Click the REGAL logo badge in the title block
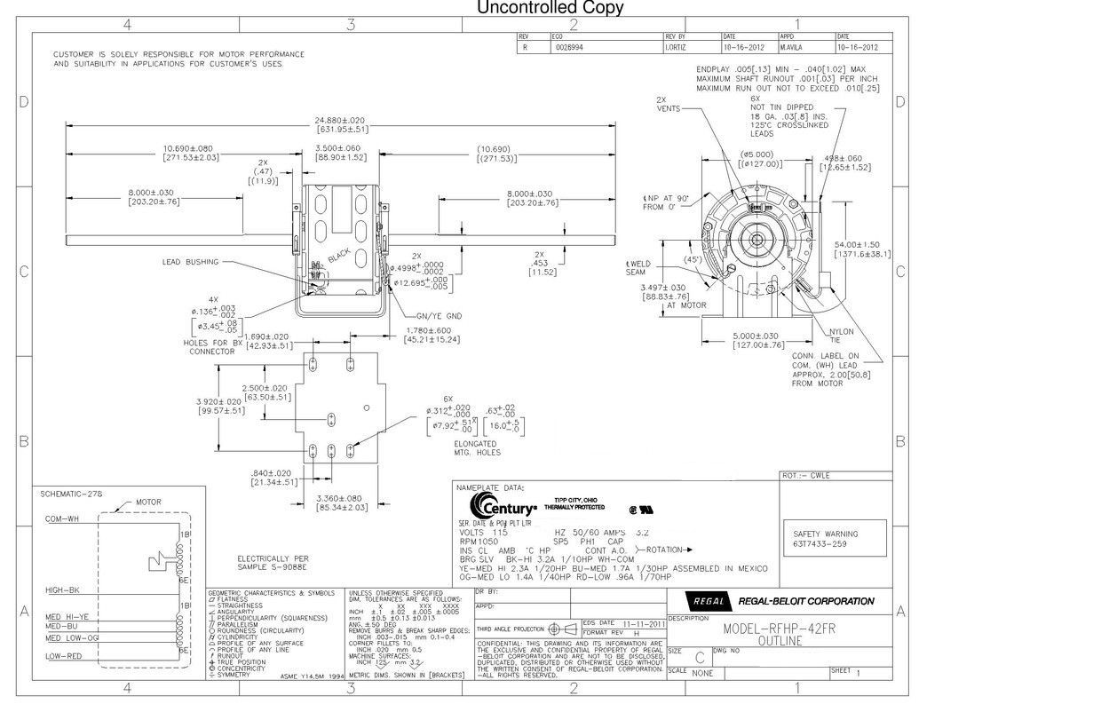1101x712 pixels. pos(709,600)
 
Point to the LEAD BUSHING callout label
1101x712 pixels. pos(189,262)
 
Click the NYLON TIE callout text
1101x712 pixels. pos(842,335)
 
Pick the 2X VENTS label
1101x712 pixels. pos(669,104)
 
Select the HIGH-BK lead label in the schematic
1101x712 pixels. pos(62,590)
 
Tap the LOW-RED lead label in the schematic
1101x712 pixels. pos(63,656)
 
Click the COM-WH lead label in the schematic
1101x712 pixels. pos(61,519)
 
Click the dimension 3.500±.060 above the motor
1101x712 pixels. pos(338,148)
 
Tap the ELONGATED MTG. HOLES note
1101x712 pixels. pos(476,447)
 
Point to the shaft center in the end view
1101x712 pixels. pos(756,237)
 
